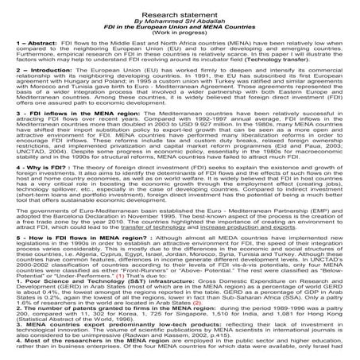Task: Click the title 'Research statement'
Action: click(x=180, y=6)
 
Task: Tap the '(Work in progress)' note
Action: click(x=180, y=30)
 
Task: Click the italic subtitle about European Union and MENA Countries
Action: click(x=180, y=22)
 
